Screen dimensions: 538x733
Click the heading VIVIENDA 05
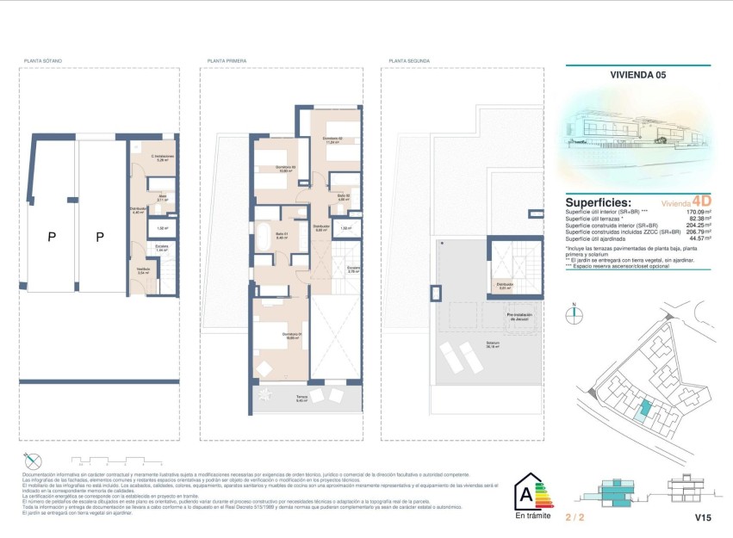[637, 76]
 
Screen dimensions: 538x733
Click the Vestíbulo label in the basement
[143, 270]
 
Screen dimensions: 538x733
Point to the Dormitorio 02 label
[333, 140]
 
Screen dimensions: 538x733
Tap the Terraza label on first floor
[302, 397]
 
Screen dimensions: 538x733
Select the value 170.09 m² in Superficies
[694, 211]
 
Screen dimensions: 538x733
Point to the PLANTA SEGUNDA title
[407, 61]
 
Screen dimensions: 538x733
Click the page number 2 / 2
[575, 518]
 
